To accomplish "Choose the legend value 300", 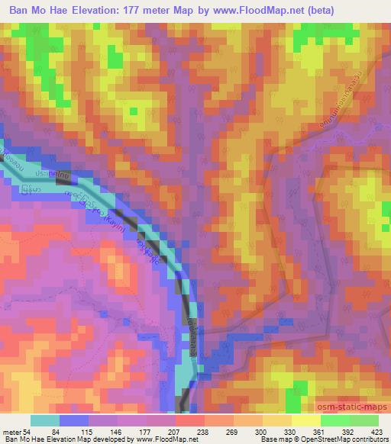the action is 262,432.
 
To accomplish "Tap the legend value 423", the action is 378,432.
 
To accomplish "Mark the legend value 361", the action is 320,432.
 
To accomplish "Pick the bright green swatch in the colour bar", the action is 334,420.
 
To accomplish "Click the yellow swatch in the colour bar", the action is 305,420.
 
